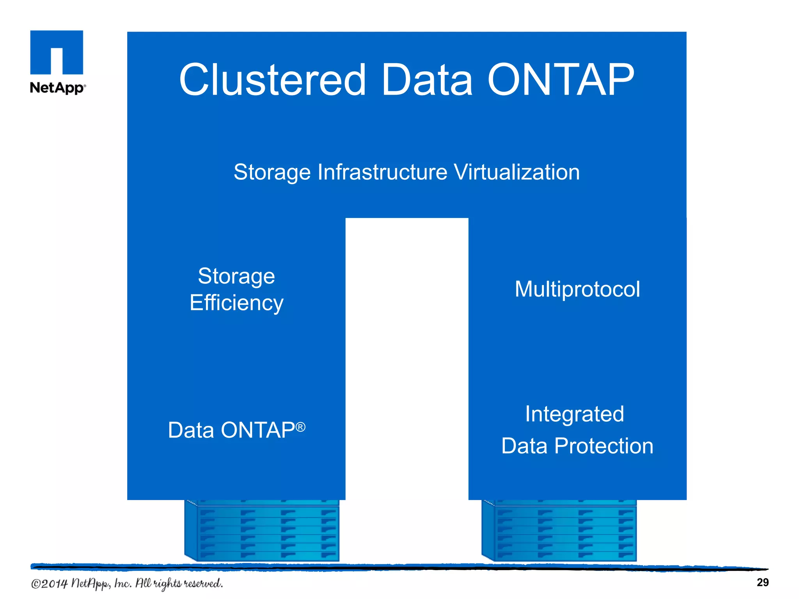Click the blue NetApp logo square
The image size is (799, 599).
click(x=57, y=52)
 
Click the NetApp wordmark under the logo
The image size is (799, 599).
click(x=57, y=88)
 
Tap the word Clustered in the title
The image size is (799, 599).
click(x=272, y=80)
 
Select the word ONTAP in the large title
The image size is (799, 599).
click(x=561, y=80)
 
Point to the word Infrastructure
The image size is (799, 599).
click(x=382, y=172)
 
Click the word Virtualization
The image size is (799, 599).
click(x=517, y=172)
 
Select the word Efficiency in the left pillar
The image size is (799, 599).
click(x=236, y=303)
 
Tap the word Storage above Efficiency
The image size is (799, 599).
click(x=236, y=276)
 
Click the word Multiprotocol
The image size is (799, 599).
click(x=577, y=289)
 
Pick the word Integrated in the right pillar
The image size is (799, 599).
click(x=574, y=414)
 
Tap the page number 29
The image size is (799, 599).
click(x=762, y=582)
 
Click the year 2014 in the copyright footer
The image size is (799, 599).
click(x=54, y=584)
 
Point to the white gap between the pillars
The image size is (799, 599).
click(x=407, y=351)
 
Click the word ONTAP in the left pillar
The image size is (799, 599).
click(x=258, y=430)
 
